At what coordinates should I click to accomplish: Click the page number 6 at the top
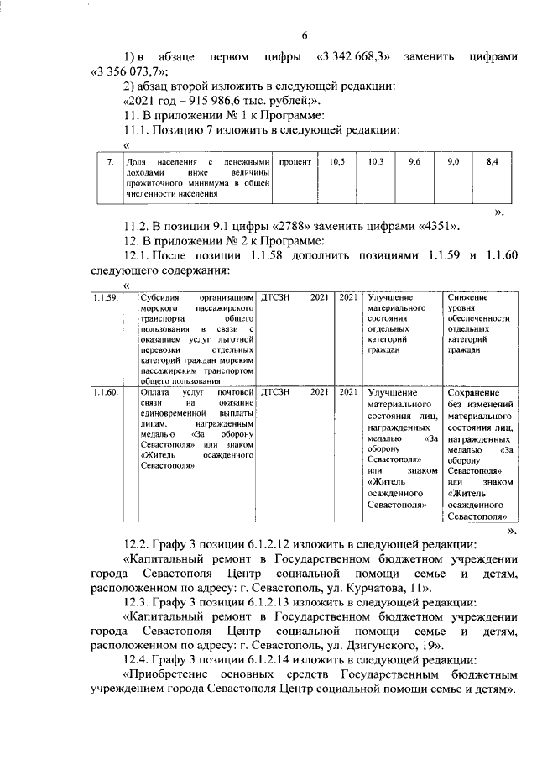305,34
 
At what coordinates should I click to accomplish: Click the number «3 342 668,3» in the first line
352,55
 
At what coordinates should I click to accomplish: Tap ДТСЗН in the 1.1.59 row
277,297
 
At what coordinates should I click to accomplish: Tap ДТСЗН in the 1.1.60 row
277,391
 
